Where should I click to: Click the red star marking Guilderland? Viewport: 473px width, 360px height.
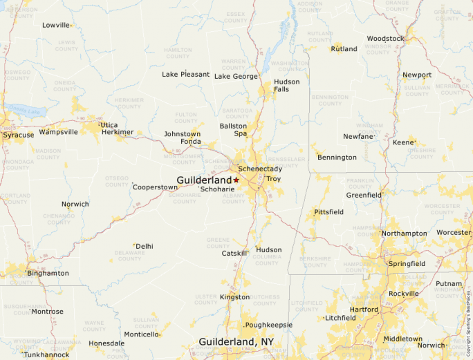[x=236, y=180]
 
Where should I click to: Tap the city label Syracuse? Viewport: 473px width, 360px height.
[x=19, y=135]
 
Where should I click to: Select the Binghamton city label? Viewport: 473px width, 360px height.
[x=48, y=273]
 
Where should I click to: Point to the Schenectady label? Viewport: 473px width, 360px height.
[x=260, y=169]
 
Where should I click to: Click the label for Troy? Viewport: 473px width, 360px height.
[x=274, y=179]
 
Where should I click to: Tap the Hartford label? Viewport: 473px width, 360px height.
[x=364, y=310]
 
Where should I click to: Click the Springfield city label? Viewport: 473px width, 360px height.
[x=407, y=264]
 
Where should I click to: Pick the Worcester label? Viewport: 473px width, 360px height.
[x=454, y=233]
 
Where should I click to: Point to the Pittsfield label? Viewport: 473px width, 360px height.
[x=328, y=211]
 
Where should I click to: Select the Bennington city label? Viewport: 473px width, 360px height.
[x=337, y=158]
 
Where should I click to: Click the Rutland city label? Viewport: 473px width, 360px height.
[x=344, y=49]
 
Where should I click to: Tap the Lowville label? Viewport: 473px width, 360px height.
[x=56, y=25]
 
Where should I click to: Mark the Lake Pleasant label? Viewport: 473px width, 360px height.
[x=185, y=74]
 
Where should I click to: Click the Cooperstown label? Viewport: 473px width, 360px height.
[x=155, y=187]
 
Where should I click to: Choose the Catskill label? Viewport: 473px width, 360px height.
[x=234, y=254]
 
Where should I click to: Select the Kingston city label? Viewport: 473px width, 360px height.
[x=234, y=297]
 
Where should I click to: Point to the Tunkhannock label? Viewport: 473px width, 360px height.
[x=46, y=354]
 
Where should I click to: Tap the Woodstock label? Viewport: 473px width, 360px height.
[x=385, y=39]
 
